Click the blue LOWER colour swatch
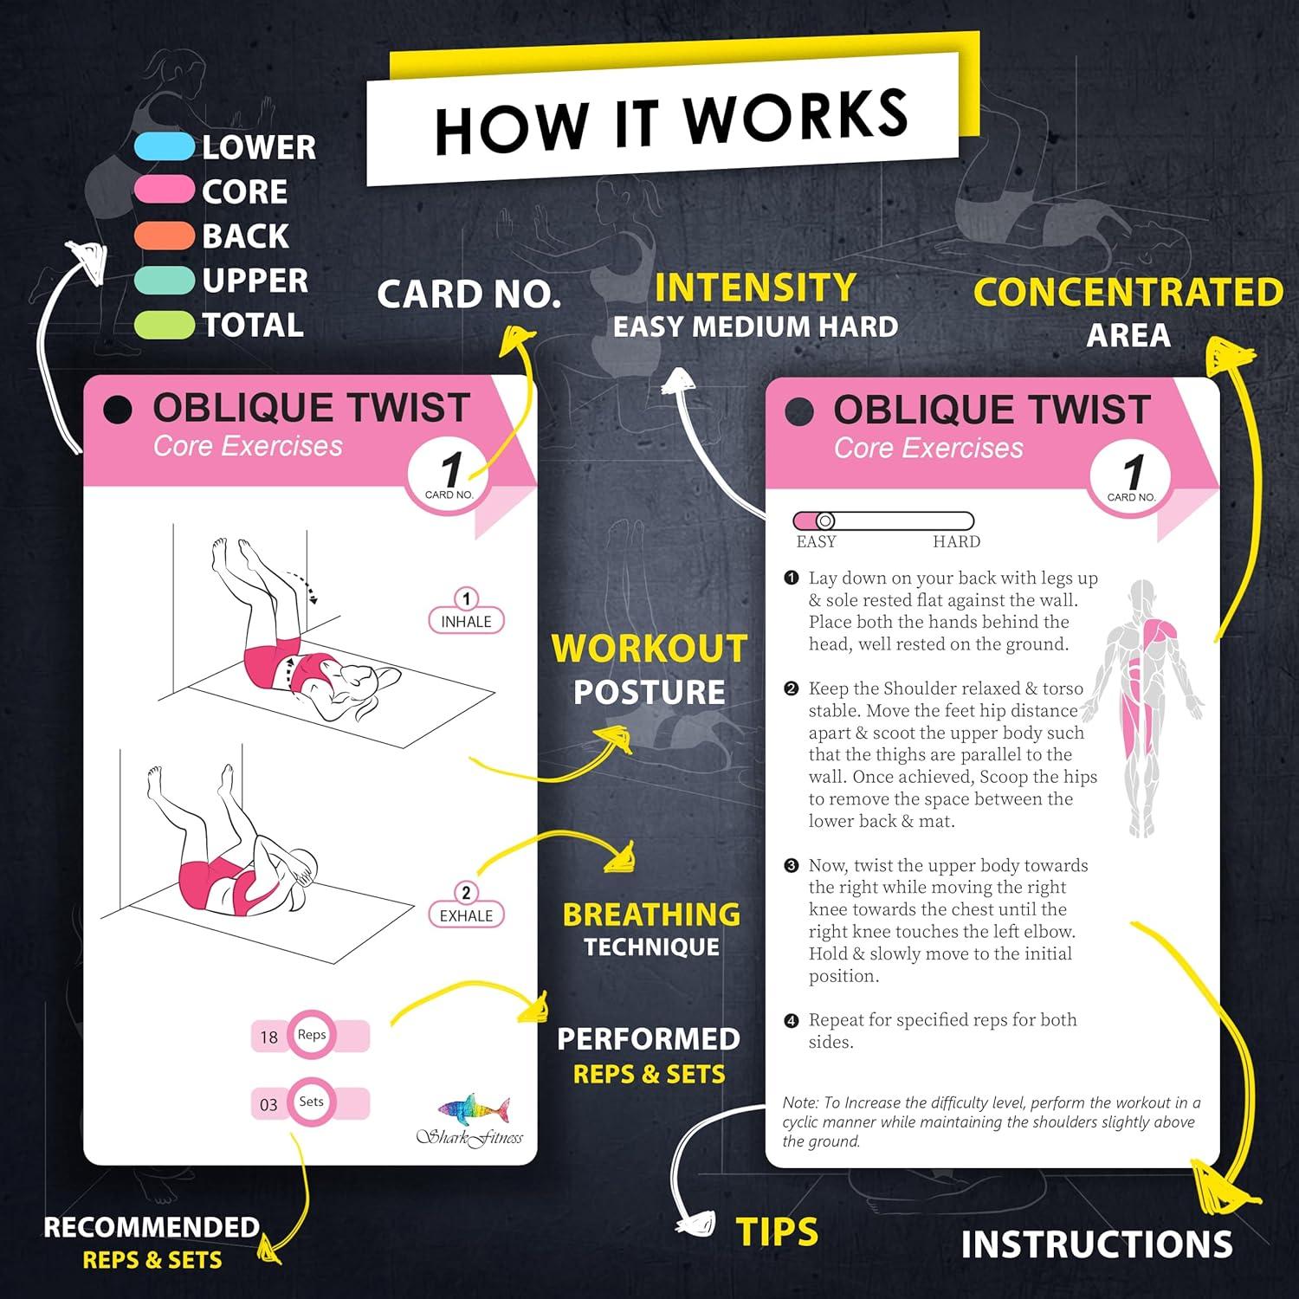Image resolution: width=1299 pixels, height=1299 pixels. click(165, 146)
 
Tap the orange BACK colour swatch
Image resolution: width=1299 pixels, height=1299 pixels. click(165, 236)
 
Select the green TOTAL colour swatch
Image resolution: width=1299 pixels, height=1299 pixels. click(165, 325)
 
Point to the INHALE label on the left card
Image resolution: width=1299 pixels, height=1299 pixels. click(466, 621)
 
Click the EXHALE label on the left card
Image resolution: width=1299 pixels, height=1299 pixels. click(466, 915)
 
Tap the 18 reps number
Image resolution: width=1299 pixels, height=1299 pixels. click(269, 1037)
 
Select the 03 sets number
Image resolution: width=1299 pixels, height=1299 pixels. click(268, 1104)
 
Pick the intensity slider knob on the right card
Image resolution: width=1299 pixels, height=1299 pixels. click(825, 520)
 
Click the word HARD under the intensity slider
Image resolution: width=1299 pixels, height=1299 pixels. click(956, 542)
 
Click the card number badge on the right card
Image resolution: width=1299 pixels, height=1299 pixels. click(1131, 479)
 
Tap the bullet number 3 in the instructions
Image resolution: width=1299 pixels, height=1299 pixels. click(791, 865)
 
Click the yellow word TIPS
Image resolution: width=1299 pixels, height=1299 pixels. click(777, 1231)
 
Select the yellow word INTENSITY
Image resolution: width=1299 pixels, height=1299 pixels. click(755, 288)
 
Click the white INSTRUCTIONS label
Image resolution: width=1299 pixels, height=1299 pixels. click(1096, 1244)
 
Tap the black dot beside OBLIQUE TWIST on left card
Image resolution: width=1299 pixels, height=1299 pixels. click(118, 410)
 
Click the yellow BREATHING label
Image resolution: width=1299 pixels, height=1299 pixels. click(651, 914)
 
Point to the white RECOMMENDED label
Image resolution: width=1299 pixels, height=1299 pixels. click(152, 1227)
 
